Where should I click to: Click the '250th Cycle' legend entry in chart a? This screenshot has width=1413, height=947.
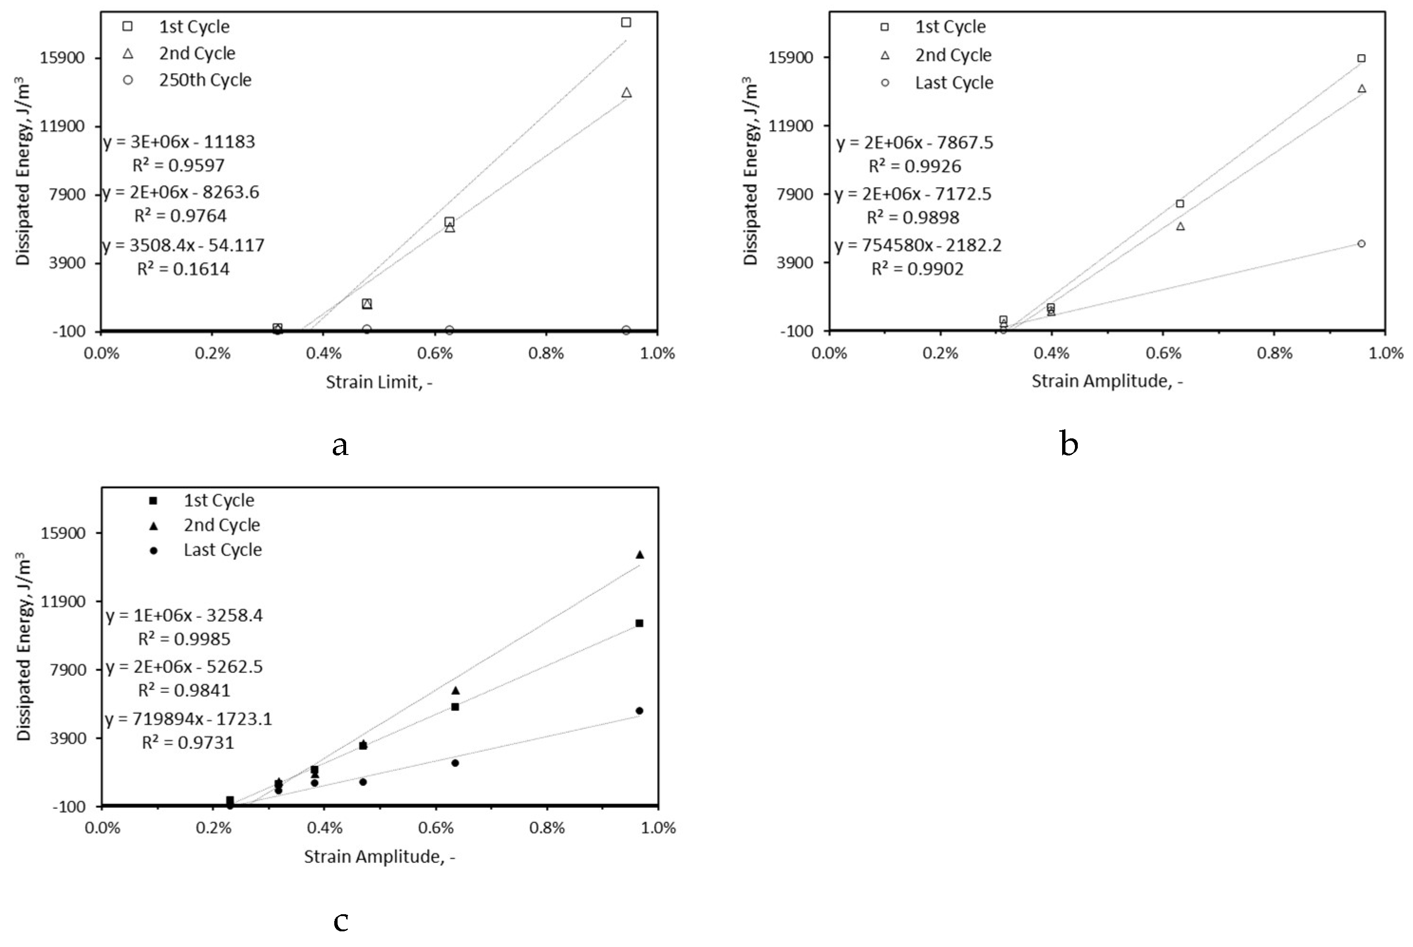(205, 80)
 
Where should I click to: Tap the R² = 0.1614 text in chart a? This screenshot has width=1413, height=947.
(183, 269)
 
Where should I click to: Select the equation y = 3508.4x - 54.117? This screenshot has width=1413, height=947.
(184, 245)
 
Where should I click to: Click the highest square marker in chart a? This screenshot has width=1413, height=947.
(626, 22)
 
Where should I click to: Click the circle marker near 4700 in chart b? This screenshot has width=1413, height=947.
(1361, 243)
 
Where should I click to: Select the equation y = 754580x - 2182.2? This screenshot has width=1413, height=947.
(918, 245)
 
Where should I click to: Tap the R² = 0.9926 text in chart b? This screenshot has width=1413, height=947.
(915, 166)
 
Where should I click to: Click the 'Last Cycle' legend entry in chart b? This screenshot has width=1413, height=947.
(953, 83)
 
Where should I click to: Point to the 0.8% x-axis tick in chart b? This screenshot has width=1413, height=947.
(1274, 353)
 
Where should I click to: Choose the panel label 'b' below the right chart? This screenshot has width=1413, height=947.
(1068, 445)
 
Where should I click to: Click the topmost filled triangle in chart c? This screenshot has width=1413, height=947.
(640, 554)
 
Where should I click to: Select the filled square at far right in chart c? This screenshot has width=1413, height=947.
(640, 623)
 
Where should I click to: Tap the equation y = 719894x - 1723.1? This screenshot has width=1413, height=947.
(188, 719)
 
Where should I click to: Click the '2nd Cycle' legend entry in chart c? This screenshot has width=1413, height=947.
(222, 525)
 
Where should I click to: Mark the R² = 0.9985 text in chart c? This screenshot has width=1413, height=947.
(184, 639)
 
